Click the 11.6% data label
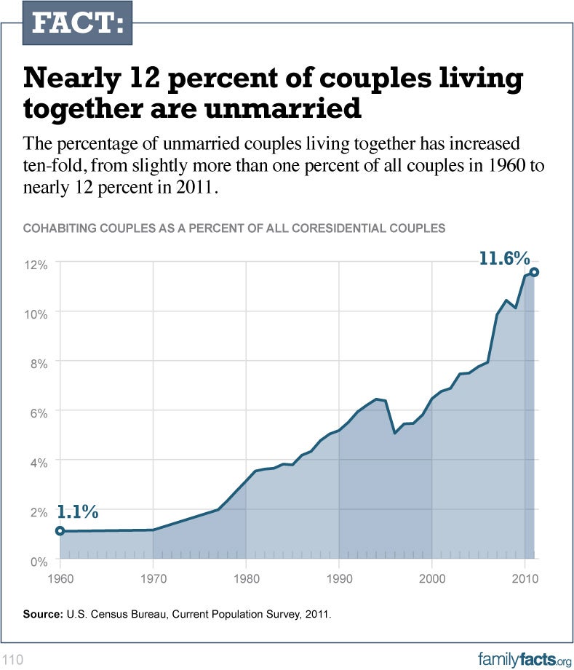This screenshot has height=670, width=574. tap(504, 258)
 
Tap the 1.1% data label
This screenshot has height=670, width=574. tap(77, 511)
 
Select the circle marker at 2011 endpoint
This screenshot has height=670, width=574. tap(534, 272)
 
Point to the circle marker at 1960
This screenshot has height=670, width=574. tap(60, 531)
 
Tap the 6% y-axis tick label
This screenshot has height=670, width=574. tap(39, 412)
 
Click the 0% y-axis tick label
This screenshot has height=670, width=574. tap(39, 561)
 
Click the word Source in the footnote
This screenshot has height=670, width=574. tap(43, 615)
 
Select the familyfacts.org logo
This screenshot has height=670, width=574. tap(525, 659)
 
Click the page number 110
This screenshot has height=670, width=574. tap(14, 660)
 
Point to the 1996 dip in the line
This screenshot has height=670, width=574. tap(394, 433)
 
